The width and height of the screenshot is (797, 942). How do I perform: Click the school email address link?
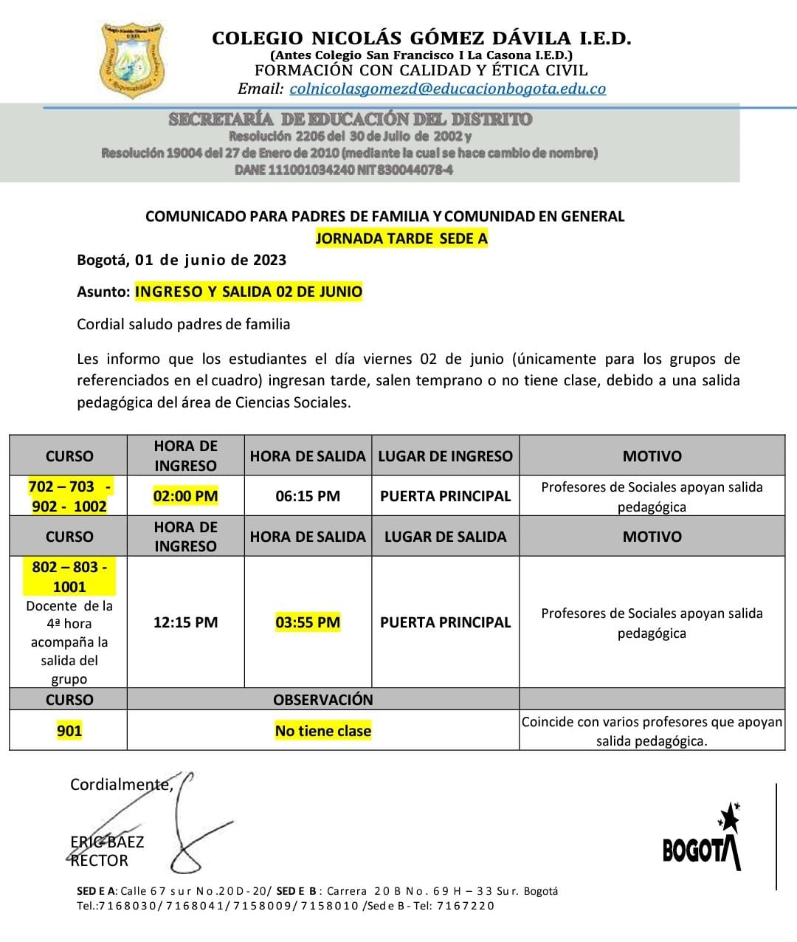[447, 89]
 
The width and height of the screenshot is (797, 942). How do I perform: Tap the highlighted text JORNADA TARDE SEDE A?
[401, 238]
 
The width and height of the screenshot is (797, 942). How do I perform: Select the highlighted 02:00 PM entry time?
[185, 496]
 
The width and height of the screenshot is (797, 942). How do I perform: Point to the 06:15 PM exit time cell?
[308, 496]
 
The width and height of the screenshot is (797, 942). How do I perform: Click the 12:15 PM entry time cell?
[185, 622]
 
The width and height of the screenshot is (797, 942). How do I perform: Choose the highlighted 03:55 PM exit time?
[308, 622]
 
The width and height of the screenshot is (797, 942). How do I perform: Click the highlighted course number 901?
[69, 731]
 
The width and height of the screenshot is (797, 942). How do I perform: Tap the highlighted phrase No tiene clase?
[323, 731]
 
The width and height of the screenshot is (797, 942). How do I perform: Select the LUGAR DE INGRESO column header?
[445, 456]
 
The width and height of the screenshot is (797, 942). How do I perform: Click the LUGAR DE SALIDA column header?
[445, 537]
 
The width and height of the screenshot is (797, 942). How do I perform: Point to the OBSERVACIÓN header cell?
[323, 700]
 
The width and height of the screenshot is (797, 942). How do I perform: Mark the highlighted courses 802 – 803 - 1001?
[69, 577]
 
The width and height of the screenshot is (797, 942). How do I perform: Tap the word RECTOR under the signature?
[99, 861]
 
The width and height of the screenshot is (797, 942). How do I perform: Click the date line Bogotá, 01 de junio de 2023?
[182, 260]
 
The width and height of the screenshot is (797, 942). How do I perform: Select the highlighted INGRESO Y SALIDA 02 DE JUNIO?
[249, 292]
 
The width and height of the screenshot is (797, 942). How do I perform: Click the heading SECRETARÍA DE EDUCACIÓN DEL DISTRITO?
[350, 119]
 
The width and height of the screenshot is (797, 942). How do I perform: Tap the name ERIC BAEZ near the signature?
[107, 842]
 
